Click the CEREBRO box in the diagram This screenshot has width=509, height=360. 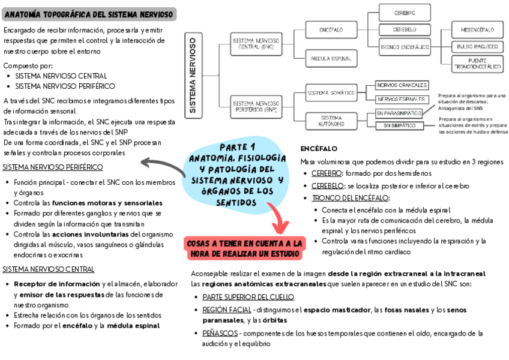[404, 13]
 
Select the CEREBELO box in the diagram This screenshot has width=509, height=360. [404, 29]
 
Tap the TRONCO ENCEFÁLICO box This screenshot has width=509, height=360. [404, 46]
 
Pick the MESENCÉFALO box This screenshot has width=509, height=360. [477, 29]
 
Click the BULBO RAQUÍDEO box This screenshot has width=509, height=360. [477, 46]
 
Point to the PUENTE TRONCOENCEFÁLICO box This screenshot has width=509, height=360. [477, 64]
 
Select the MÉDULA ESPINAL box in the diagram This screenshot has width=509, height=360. [331, 59]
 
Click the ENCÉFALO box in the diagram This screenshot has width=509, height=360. [331, 29]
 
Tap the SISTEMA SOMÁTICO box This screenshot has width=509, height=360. [331, 93]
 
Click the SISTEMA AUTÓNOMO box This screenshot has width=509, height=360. [331, 121]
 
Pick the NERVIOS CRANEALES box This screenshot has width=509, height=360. [402, 85]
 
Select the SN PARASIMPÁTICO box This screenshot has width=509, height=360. [399, 113]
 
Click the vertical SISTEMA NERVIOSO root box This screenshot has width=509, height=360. [193, 75]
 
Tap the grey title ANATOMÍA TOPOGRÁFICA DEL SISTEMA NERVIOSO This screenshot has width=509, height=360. [89, 13]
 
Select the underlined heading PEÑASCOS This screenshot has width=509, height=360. [220, 333]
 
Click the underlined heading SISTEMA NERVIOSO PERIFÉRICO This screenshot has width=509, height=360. [53, 167]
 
